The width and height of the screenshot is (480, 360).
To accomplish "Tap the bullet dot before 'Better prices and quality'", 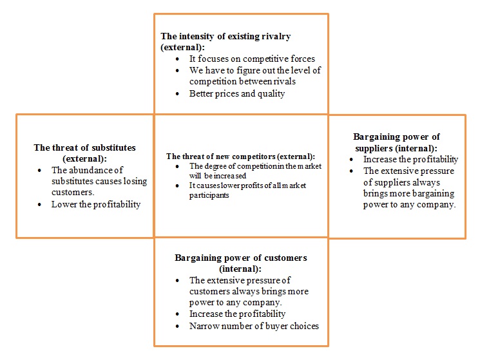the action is click(x=177, y=93).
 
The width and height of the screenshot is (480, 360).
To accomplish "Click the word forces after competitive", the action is click(x=303, y=59).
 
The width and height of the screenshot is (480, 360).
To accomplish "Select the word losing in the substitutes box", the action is click(x=135, y=182).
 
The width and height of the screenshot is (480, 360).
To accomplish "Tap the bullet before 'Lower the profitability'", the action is click(x=39, y=204).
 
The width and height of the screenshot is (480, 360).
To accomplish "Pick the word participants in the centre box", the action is click(x=209, y=195).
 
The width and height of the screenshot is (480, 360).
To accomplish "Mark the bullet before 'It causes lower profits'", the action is click(x=177, y=185).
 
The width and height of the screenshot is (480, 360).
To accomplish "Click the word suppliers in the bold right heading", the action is click(x=374, y=149).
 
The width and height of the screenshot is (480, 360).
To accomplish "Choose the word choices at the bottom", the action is click(x=304, y=326).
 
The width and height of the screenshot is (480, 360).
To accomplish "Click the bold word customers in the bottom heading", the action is click(x=285, y=258).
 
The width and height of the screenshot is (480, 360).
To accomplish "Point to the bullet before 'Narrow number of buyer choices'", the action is click(x=177, y=327).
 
